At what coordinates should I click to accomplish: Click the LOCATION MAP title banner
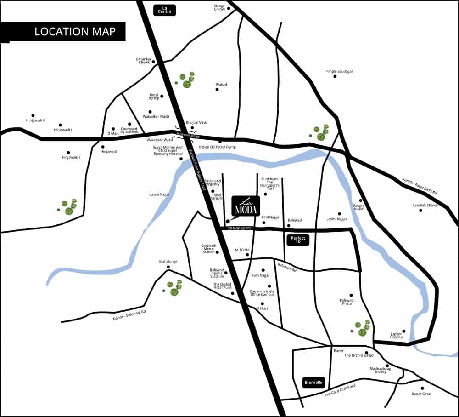(x=67, y=32)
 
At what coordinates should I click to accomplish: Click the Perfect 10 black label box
(x=298, y=240)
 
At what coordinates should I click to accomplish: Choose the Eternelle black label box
(x=313, y=382)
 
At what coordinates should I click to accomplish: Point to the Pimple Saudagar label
(x=339, y=71)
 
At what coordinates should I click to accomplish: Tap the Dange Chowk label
(x=220, y=7)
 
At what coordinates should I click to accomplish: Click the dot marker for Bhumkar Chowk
(x=153, y=62)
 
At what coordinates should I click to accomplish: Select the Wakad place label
(x=221, y=85)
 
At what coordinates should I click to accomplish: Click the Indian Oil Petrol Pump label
(x=217, y=147)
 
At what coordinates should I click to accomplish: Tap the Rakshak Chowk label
(x=425, y=206)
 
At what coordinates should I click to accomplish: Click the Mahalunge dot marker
(x=168, y=267)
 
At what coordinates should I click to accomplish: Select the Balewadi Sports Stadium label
(x=217, y=273)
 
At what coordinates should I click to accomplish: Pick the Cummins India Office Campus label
(x=262, y=293)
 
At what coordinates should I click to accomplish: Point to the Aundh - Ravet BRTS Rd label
(x=420, y=185)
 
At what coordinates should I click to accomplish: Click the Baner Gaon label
(x=421, y=394)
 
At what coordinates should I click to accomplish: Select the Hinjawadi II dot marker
(x=33, y=115)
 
